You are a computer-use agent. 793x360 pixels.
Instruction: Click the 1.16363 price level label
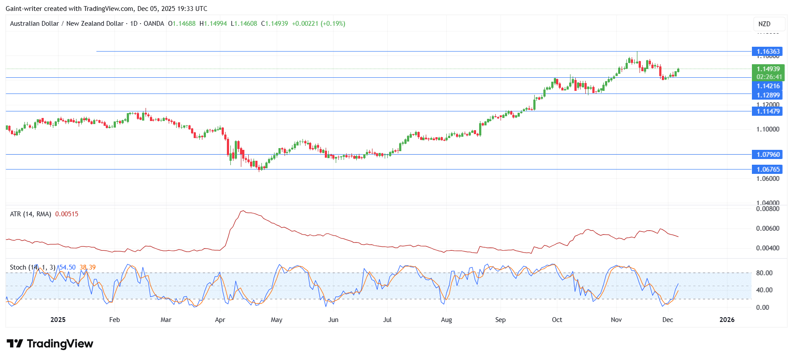[768, 52]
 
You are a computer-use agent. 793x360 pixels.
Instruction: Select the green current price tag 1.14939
[768, 69]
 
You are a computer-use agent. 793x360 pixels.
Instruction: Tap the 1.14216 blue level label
[768, 86]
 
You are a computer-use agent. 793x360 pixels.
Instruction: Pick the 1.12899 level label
[768, 95]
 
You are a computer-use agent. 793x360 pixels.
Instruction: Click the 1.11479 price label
[768, 111]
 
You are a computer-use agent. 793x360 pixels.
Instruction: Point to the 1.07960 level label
[768, 155]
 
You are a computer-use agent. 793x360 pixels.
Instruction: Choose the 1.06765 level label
[768, 170]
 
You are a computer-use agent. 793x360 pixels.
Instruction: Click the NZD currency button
[764, 24]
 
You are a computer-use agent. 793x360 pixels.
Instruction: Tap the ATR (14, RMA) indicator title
[31, 214]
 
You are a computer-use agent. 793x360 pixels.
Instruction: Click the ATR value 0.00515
[67, 214]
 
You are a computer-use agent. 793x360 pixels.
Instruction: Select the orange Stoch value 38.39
[87, 267]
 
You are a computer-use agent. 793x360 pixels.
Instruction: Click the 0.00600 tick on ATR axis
[767, 228]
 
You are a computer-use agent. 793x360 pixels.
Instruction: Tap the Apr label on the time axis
[220, 320]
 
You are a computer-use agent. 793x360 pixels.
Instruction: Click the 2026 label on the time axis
[727, 320]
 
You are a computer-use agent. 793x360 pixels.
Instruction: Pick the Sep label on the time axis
[500, 320]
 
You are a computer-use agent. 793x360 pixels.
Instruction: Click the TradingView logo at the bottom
[50, 344]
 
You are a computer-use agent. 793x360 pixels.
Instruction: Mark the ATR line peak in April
[243, 211]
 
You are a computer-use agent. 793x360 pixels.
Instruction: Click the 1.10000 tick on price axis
[768, 129]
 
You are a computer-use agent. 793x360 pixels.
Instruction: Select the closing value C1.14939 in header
[275, 24]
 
